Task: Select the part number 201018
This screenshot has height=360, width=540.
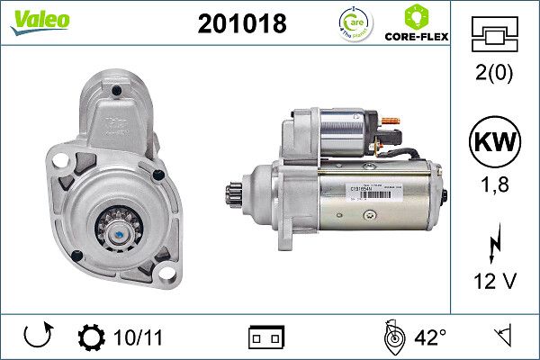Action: [240, 23]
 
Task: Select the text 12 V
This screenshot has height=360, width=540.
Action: [495, 282]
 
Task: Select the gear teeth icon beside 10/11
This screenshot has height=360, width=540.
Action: [91, 337]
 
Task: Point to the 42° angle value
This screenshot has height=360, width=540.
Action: [430, 337]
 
